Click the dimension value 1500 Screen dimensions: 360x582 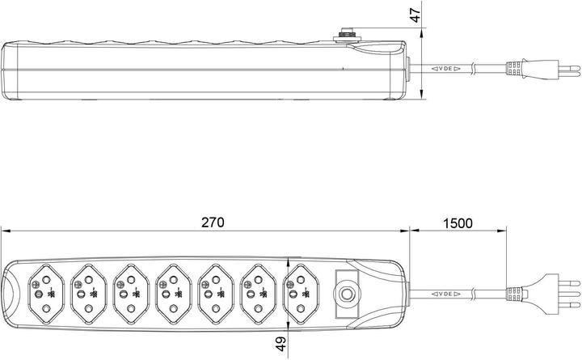coord(458,222)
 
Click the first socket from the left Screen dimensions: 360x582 coord(45,289)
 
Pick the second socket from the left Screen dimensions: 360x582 coord(87,289)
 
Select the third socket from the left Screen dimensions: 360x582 coord(130,289)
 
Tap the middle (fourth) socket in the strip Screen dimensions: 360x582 coord(172,289)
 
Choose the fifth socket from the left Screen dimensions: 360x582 coord(215,289)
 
